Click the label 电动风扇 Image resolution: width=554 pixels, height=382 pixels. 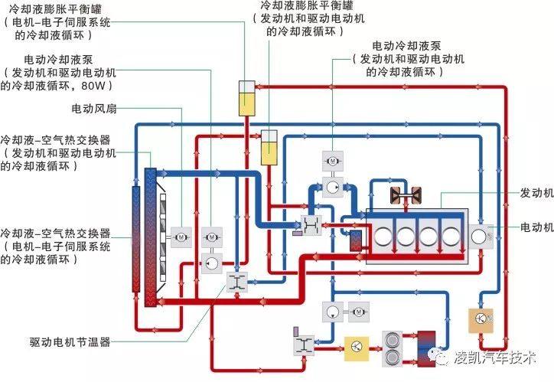(x=93, y=108)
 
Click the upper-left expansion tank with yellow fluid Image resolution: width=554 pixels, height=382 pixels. (x=246, y=97)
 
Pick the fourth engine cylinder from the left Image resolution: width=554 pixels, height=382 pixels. (x=451, y=234)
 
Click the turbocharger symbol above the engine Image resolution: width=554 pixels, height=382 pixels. (x=402, y=195)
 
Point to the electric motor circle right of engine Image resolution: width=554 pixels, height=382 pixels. (x=480, y=234)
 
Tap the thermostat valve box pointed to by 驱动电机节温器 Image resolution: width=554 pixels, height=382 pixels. (x=236, y=282)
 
